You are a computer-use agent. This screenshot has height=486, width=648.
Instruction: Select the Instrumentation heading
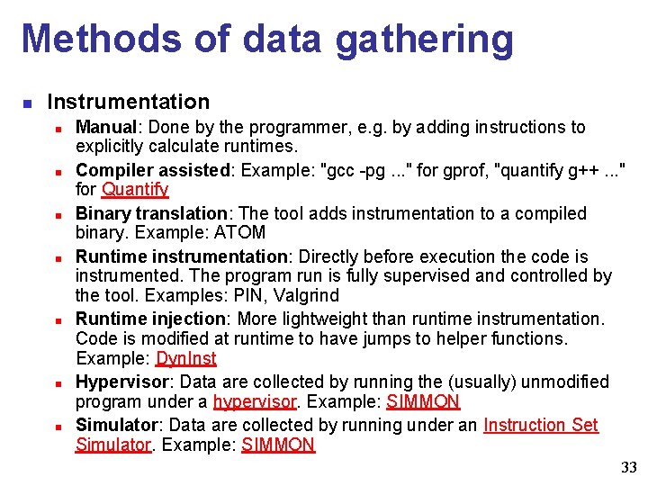point(128,102)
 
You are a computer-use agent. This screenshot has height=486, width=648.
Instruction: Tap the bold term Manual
point(104,127)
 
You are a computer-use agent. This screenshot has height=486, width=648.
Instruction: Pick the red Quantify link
point(135,189)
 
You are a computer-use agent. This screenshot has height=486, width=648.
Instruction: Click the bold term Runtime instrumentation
point(176,257)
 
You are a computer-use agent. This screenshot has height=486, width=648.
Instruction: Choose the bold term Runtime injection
point(149,318)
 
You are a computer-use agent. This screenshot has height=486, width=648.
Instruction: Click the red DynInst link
point(186,358)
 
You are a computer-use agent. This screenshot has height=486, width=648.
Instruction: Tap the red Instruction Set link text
point(540,424)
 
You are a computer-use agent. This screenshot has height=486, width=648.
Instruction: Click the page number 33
point(628,467)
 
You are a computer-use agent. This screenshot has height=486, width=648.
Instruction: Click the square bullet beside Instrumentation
point(28,103)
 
